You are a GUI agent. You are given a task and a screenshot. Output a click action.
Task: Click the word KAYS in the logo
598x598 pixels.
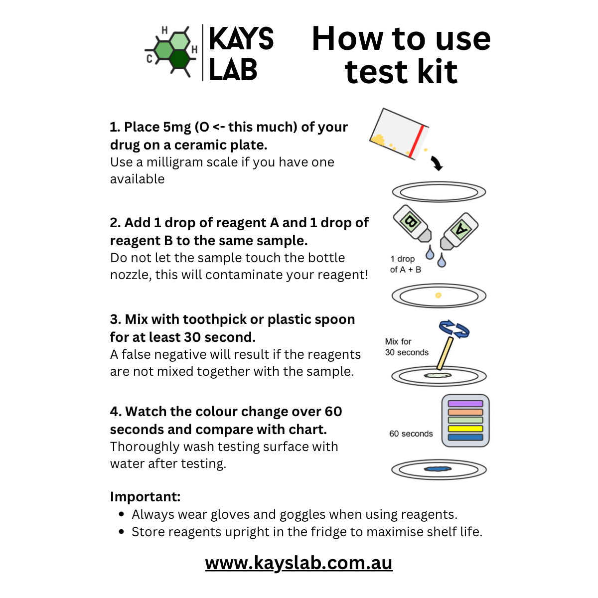click(x=241, y=39)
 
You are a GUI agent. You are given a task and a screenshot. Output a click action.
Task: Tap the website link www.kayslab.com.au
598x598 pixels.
click(x=299, y=563)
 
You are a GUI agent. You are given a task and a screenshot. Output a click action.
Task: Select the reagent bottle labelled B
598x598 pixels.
click(x=413, y=223)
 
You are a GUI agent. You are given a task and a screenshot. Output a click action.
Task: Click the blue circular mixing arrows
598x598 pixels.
click(x=454, y=329)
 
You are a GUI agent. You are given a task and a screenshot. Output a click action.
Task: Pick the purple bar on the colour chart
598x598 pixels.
click(x=465, y=404)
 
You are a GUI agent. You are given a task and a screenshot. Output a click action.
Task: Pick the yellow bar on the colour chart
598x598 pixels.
click(x=465, y=429)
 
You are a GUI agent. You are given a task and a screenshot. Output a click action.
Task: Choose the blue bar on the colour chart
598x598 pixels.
click(x=465, y=437)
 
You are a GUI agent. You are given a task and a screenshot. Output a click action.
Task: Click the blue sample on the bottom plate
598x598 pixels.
click(x=438, y=469)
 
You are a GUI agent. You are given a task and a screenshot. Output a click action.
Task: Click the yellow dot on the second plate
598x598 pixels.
click(x=438, y=296)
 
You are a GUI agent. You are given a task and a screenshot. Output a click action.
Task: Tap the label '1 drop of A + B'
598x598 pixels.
click(x=405, y=264)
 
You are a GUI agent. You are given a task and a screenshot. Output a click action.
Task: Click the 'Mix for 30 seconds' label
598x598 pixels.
click(x=406, y=347)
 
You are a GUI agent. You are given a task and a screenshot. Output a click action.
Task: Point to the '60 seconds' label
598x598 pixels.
click(x=411, y=434)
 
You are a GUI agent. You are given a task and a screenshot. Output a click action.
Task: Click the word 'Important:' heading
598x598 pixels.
click(x=145, y=497)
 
